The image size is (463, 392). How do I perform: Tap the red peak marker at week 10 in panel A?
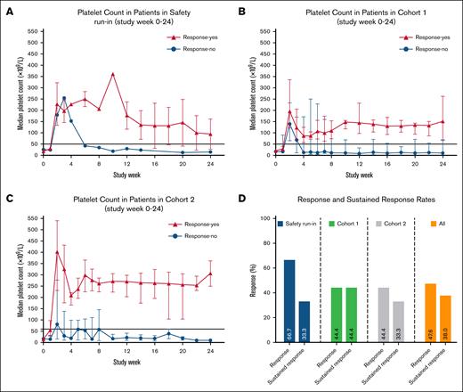coord(112,74)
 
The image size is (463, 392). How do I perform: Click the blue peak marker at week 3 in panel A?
coord(64,98)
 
